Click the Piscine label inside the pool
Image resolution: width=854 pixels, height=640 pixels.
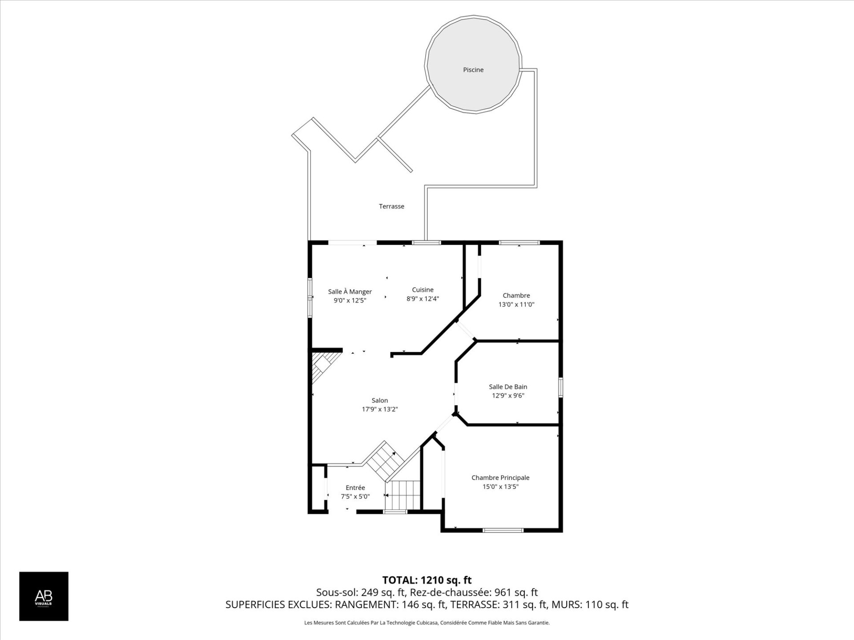473,70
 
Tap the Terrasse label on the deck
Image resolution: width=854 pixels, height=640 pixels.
391,206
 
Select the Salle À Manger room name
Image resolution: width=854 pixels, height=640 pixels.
350,292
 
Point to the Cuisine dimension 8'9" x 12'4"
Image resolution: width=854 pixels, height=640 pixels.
423,299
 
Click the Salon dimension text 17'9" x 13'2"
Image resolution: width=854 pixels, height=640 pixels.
380,409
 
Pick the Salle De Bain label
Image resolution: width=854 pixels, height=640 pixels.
508,387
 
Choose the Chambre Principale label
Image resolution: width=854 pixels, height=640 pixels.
500,477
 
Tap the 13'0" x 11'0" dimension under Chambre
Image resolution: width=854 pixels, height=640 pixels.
516,304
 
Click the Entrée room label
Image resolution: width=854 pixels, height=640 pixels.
355,488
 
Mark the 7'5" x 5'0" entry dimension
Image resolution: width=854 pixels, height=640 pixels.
355,496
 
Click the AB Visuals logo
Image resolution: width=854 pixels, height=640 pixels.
44,596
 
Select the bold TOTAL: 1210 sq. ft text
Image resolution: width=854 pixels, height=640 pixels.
427,580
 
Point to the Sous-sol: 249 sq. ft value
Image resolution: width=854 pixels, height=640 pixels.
361,592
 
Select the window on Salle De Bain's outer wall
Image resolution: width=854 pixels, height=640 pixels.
560,387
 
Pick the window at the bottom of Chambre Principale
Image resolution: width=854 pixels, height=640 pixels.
504,530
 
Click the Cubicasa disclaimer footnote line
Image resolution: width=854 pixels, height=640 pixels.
427,623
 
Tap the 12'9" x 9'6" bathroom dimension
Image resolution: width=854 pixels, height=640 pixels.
508,396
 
